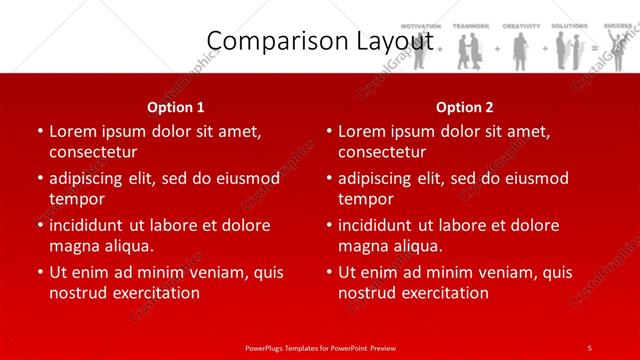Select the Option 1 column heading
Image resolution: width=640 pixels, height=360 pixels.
[176, 107]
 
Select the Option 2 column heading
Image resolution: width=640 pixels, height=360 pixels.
[465, 107]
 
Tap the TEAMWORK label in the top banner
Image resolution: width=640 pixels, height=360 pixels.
[471, 25]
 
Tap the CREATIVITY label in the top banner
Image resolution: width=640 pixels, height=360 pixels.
[520, 25]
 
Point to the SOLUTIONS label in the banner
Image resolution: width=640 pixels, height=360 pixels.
[568, 25]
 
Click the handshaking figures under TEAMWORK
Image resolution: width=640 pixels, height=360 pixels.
[471, 50]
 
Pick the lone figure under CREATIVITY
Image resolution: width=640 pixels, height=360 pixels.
[520, 50]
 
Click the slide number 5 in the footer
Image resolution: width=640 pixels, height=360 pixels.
[589, 347]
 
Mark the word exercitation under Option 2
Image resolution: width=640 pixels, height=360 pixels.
[442, 293]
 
